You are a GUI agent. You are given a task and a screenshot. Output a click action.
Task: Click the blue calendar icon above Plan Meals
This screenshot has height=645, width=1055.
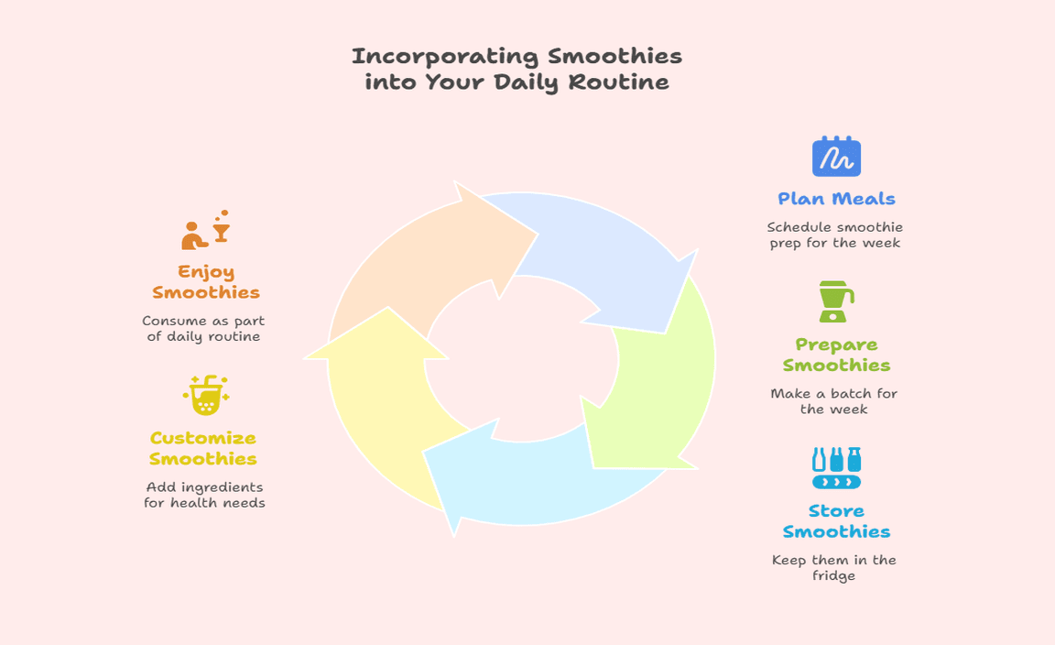coord(836,156)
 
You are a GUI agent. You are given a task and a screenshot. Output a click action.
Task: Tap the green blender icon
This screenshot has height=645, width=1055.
coord(835,301)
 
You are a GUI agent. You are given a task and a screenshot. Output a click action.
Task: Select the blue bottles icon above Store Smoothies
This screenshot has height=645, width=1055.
coord(836,468)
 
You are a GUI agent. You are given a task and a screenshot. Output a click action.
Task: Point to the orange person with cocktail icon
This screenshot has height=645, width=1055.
coord(206,230)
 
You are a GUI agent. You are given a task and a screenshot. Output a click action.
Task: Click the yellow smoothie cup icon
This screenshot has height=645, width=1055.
coord(206,395)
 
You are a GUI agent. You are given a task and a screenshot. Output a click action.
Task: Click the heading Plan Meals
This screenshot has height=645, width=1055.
coord(836,199)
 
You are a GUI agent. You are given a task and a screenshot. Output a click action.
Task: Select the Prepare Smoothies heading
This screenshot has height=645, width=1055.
coord(836,355)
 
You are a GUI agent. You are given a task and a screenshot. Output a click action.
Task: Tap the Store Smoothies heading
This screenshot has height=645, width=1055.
coord(836,521)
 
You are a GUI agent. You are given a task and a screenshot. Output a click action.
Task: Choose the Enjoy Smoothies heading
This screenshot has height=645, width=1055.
coord(206,282)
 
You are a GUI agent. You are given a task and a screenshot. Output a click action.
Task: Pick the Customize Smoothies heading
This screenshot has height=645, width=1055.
coord(203,448)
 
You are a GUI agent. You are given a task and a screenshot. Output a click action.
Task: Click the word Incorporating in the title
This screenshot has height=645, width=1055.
coord(445,57)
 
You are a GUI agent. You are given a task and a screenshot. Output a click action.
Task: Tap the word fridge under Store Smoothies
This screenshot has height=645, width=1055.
coord(833,575)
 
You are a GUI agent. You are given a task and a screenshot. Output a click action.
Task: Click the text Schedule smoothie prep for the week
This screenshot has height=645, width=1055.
coord(835,235)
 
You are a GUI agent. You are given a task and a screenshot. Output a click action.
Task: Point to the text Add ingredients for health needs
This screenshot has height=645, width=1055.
coord(204,495)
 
